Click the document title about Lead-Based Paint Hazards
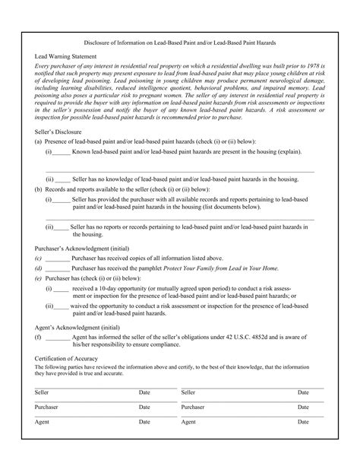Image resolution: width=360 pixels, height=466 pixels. click(180, 44)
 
